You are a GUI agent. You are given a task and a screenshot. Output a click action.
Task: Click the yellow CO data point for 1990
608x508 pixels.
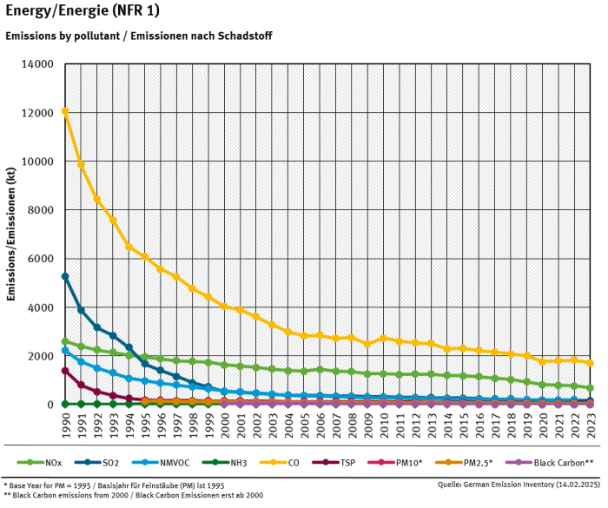tap(65, 111)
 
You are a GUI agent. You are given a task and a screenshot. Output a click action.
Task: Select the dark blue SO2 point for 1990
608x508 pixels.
tap(65, 276)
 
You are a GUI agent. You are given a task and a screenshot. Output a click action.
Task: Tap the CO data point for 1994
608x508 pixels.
tap(129, 247)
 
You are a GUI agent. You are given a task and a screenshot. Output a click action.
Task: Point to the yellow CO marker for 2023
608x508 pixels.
tap(591, 363)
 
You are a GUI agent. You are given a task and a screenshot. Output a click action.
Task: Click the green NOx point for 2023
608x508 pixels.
tap(591, 388)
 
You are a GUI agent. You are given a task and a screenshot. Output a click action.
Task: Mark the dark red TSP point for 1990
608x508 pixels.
tap(65, 371)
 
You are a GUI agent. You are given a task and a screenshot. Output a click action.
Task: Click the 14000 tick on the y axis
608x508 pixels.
tap(38, 64)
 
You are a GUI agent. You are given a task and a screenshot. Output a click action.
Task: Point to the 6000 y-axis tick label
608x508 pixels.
tap(41, 259)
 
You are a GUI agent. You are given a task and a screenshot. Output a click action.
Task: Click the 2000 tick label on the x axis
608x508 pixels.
tap(225, 426)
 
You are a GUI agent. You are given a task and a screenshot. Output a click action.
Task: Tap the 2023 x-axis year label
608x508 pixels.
tap(591, 426)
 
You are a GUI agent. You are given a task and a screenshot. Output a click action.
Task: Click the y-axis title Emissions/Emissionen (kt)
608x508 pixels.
tap(11, 234)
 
